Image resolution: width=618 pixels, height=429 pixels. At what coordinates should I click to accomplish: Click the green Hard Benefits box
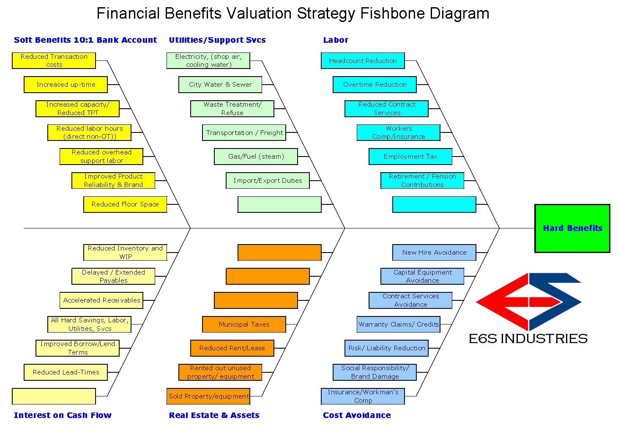(x=572, y=228)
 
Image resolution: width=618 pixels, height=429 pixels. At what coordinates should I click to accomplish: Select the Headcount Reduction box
(x=363, y=60)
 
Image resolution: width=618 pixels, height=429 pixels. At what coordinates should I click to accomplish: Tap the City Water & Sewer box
(x=220, y=85)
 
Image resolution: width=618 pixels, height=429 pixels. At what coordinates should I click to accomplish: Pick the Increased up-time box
(x=66, y=85)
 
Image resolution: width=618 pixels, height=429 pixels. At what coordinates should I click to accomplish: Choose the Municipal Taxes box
(x=244, y=324)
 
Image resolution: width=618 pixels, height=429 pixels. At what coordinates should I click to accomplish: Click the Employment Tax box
(x=410, y=157)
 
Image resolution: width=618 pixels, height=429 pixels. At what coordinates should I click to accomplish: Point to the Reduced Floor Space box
(x=125, y=204)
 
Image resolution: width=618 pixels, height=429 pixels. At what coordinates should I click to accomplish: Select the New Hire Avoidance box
(x=434, y=253)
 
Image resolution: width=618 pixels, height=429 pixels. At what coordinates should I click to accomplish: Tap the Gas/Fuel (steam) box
(x=256, y=157)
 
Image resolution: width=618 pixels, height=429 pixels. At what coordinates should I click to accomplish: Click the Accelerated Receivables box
(x=101, y=300)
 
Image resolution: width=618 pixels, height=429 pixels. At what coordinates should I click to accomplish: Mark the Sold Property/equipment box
(x=208, y=396)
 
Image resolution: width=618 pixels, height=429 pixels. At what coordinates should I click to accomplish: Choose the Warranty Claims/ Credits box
(x=398, y=324)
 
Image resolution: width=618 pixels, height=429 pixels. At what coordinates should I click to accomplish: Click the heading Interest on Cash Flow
(x=63, y=415)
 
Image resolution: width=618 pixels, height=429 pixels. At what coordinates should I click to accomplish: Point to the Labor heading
(x=336, y=40)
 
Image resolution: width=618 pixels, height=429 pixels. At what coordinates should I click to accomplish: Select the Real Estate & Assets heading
(x=214, y=415)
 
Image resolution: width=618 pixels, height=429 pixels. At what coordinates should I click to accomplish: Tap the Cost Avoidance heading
(x=357, y=415)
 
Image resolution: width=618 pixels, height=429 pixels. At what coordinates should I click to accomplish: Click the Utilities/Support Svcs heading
(x=217, y=40)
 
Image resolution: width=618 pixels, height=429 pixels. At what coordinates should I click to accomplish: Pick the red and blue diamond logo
(x=528, y=302)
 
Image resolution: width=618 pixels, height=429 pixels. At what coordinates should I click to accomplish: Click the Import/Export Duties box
(x=268, y=181)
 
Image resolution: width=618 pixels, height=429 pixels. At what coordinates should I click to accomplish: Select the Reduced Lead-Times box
(x=66, y=372)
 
